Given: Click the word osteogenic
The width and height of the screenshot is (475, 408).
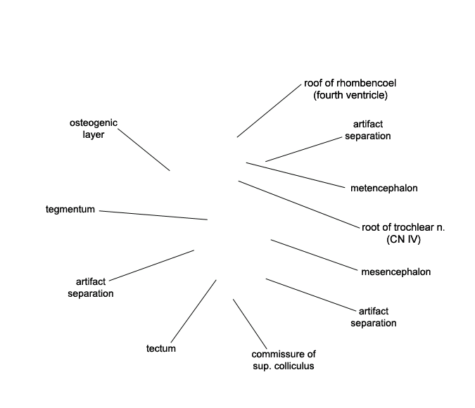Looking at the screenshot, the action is point(94,123).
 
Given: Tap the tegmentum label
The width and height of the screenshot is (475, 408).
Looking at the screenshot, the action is point(70,210).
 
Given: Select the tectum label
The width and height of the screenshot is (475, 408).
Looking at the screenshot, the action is point(161,348).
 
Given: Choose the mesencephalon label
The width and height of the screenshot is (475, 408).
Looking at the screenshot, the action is point(395,272).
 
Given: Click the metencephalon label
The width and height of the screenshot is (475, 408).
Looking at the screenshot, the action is point(384,188).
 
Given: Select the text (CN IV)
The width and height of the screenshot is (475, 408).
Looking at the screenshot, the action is point(403,239).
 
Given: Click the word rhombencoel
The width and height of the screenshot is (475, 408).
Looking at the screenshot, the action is point(366,83).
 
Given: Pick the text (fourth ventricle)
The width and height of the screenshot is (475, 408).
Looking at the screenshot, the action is point(350,95).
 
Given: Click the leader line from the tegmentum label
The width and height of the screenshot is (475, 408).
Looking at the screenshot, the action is point(153,215).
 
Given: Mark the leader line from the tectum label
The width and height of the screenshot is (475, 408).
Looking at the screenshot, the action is point(194,311).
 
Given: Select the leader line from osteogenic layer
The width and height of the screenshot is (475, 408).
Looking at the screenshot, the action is point(144,150).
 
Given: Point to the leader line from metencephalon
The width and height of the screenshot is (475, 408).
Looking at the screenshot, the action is point(296,175).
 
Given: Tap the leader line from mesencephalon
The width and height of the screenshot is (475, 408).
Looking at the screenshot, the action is point(314,255).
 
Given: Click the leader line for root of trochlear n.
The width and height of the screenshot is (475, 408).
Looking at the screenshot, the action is point(298,204).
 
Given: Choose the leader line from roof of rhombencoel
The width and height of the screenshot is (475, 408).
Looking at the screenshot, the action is point(269,111).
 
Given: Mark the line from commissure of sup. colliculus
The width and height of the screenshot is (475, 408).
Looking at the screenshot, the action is point(250,324).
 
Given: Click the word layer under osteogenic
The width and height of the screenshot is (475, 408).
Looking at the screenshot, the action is point(94,135).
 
